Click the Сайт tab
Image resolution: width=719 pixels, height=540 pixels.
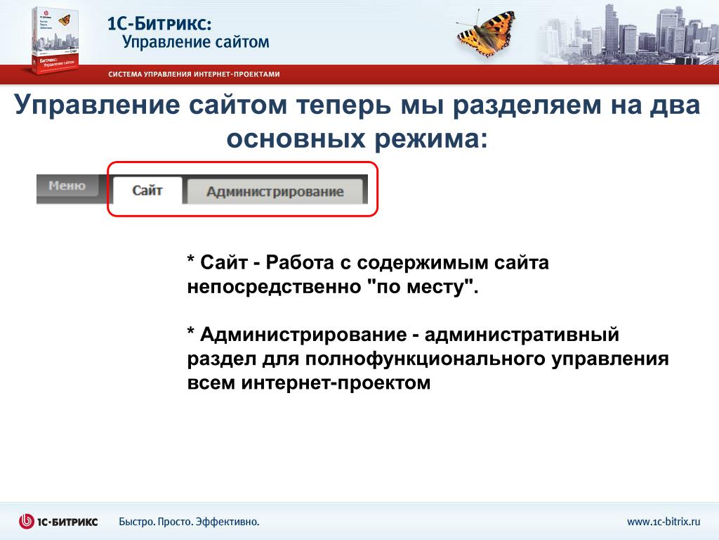(147, 190)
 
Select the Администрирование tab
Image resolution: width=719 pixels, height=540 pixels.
(275, 191)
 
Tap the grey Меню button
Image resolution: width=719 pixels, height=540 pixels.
(67, 186)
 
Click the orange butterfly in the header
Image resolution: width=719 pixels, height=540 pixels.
(487, 33)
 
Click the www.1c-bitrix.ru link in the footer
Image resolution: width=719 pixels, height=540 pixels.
(664, 521)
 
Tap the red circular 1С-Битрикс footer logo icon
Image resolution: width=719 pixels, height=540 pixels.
(27, 521)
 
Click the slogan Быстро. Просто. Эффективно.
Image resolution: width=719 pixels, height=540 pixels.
(189, 522)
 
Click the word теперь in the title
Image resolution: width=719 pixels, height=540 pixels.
(344, 105)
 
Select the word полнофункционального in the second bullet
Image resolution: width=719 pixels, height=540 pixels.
(425, 359)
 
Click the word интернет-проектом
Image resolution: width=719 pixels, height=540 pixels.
(336, 382)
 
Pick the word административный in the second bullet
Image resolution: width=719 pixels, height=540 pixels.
(522, 335)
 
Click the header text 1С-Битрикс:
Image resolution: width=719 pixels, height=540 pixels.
(159, 23)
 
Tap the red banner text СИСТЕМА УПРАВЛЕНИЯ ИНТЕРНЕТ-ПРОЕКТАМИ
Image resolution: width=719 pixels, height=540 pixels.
(194, 74)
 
